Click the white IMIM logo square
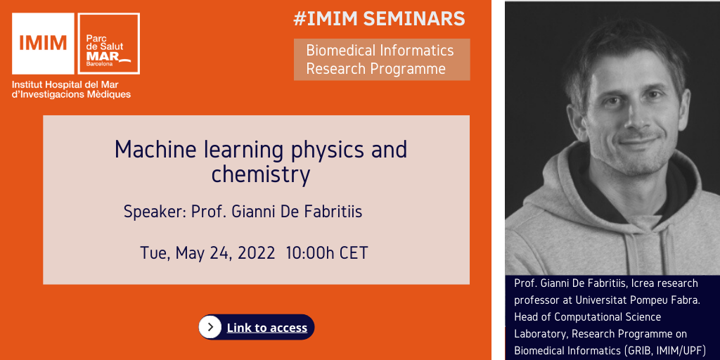click(43, 44)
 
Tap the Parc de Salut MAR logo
click(109, 44)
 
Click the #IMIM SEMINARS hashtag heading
click(379, 19)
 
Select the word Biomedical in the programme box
click(341, 50)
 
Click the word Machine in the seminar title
click(147, 149)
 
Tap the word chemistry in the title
click(261, 175)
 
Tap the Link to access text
click(266, 328)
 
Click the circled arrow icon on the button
click(210, 327)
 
